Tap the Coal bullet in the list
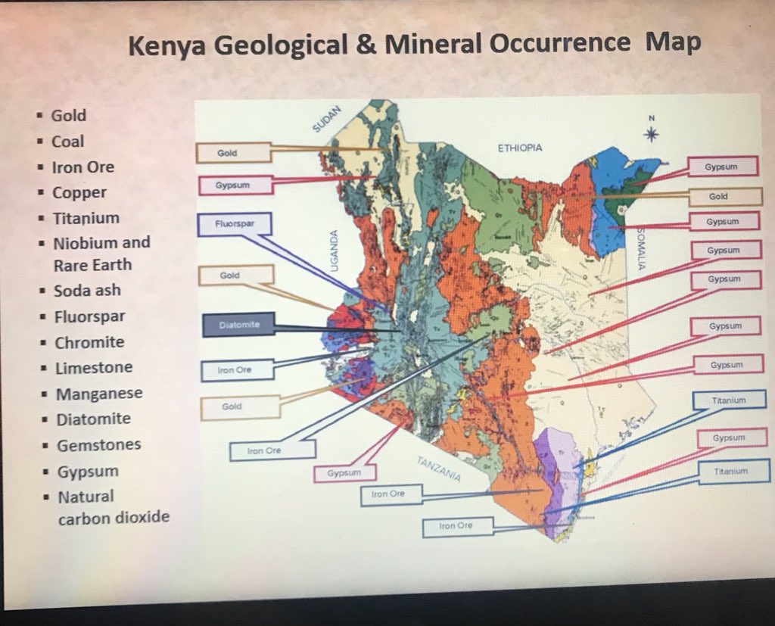point(67,142)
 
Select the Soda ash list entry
point(86,291)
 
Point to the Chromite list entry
point(89,342)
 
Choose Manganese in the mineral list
point(98,394)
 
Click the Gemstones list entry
point(98,445)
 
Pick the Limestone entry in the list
point(93,368)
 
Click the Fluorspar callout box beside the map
point(234,225)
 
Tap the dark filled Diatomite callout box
point(238,325)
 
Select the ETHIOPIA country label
point(519,148)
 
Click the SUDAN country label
point(328,118)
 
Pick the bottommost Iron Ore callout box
point(457,526)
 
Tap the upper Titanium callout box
point(728,399)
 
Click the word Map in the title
point(672,42)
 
